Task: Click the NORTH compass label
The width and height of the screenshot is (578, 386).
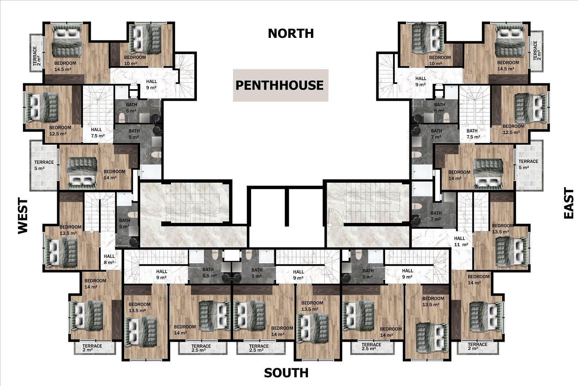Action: (x=290, y=34)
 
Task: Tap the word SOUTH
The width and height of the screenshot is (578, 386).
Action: (x=286, y=373)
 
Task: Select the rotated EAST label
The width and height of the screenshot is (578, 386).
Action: (x=569, y=203)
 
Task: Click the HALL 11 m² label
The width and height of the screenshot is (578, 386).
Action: (x=461, y=241)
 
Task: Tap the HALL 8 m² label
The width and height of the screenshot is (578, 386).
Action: (x=109, y=259)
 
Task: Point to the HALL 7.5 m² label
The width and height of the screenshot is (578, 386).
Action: (x=96, y=133)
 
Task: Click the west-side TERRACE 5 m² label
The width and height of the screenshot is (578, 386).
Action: (x=44, y=165)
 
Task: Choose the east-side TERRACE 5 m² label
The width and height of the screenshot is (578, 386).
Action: (x=528, y=164)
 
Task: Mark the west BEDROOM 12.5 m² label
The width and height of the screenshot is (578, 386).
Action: (x=60, y=130)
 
